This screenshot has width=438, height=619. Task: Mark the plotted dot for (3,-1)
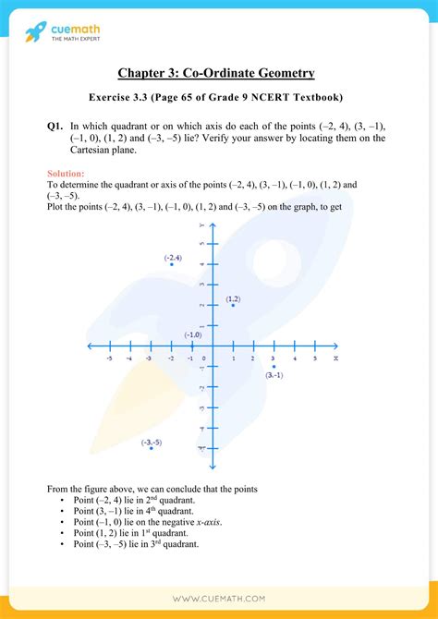[x=274, y=367]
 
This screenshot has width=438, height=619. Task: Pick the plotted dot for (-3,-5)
[x=151, y=449]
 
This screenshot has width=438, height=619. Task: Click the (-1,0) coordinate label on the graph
[x=192, y=334]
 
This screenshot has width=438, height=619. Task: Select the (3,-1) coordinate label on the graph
[x=274, y=375]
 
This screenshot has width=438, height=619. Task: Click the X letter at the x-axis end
[x=335, y=358]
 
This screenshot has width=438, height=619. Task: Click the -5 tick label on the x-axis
[x=109, y=358]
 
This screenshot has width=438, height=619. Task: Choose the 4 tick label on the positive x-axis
[x=294, y=358]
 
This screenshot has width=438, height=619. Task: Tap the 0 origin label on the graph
[x=206, y=358]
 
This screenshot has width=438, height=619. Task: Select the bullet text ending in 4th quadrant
[x=133, y=510]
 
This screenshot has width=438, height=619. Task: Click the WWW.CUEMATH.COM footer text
[x=219, y=598]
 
